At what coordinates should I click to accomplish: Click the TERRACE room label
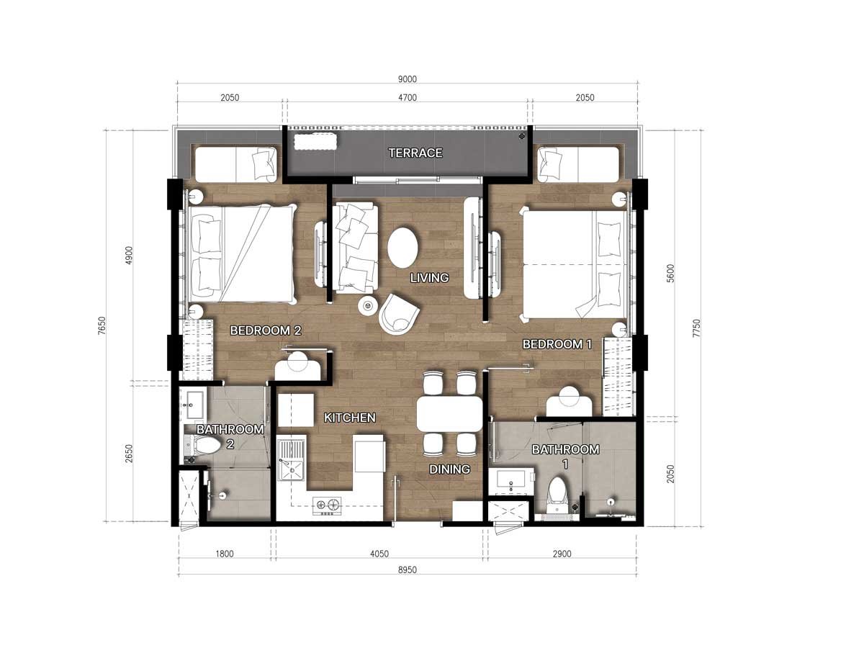[x=415, y=153]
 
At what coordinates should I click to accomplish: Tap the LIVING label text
[x=429, y=278]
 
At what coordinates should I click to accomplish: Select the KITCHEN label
[x=349, y=418]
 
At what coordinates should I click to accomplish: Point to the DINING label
[x=449, y=469]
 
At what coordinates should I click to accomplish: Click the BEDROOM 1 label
[x=557, y=344]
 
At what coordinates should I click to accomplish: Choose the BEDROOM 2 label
[x=266, y=330]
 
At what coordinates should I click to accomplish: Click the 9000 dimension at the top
[x=407, y=79]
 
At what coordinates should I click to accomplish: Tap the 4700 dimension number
[x=407, y=98]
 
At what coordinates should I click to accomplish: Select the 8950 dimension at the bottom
[x=407, y=570]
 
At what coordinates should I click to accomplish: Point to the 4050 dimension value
[x=379, y=554]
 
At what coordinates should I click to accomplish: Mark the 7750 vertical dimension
[x=697, y=328]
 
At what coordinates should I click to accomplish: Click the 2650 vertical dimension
[x=129, y=454]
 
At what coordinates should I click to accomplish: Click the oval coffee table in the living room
[x=402, y=248]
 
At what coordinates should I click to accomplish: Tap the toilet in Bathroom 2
[x=203, y=446]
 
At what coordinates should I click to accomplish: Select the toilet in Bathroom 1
[x=557, y=495]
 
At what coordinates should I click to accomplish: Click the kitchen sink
[x=290, y=460]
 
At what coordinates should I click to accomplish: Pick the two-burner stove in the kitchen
[x=327, y=506]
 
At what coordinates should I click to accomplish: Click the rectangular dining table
[x=449, y=413]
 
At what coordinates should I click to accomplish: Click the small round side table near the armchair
[x=368, y=305]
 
